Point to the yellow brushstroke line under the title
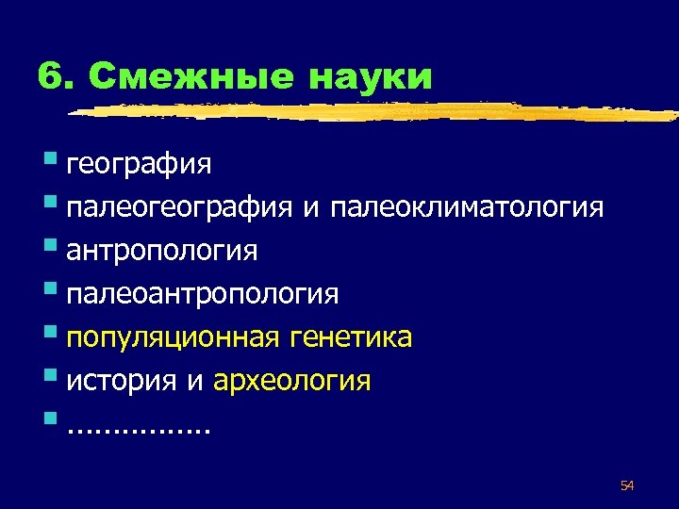377,112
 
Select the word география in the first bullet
139,166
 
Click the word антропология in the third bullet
161,252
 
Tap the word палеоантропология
202,295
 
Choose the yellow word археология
292,382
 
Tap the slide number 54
627,485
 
